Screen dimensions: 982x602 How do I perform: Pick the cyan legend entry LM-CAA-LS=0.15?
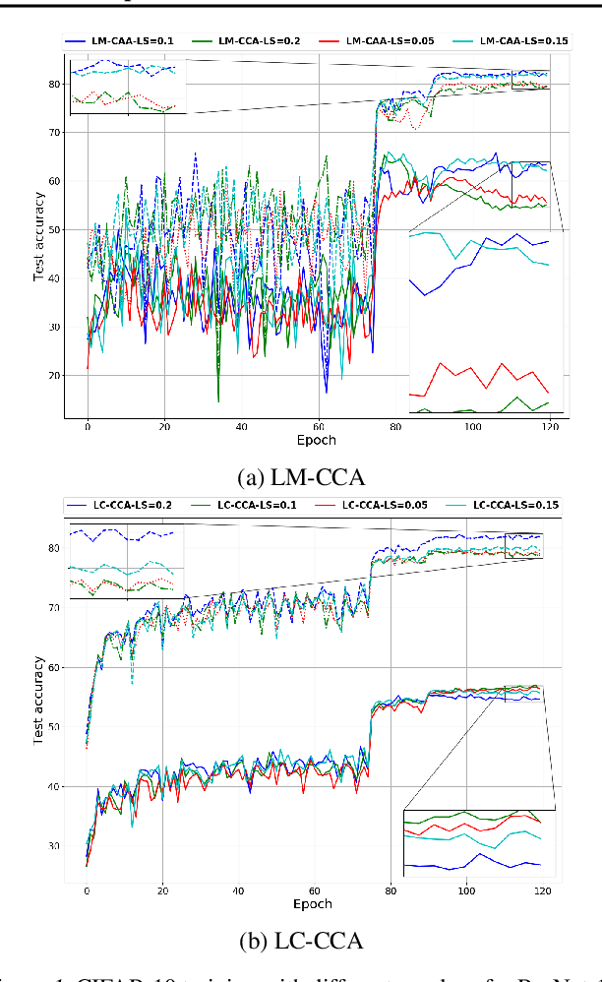[x=517, y=40]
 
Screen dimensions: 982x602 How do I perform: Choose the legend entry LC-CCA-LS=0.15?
[x=516, y=505]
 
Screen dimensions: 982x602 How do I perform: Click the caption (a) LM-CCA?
[x=300, y=478]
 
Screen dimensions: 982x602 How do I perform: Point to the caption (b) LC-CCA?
[x=300, y=941]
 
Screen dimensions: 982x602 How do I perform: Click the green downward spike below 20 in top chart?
[x=218, y=399]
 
